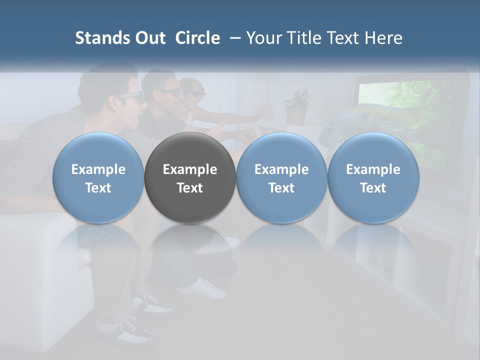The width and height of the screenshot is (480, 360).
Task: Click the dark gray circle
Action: (x=189, y=178)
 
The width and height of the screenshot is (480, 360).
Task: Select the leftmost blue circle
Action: (x=98, y=178)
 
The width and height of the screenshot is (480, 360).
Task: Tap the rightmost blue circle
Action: (x=373, y=178)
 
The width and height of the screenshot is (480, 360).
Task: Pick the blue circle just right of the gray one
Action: (x=281, y=178)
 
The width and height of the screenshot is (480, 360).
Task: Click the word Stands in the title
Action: (x=95, y=38)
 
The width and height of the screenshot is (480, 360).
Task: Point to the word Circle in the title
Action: (x=197, y=38)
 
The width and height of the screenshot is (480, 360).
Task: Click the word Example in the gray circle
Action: (x=189, y=169)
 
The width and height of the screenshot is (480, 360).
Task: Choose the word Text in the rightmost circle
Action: (x=373, y=188)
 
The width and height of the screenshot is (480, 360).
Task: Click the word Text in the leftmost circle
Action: (x=98, y=188)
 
